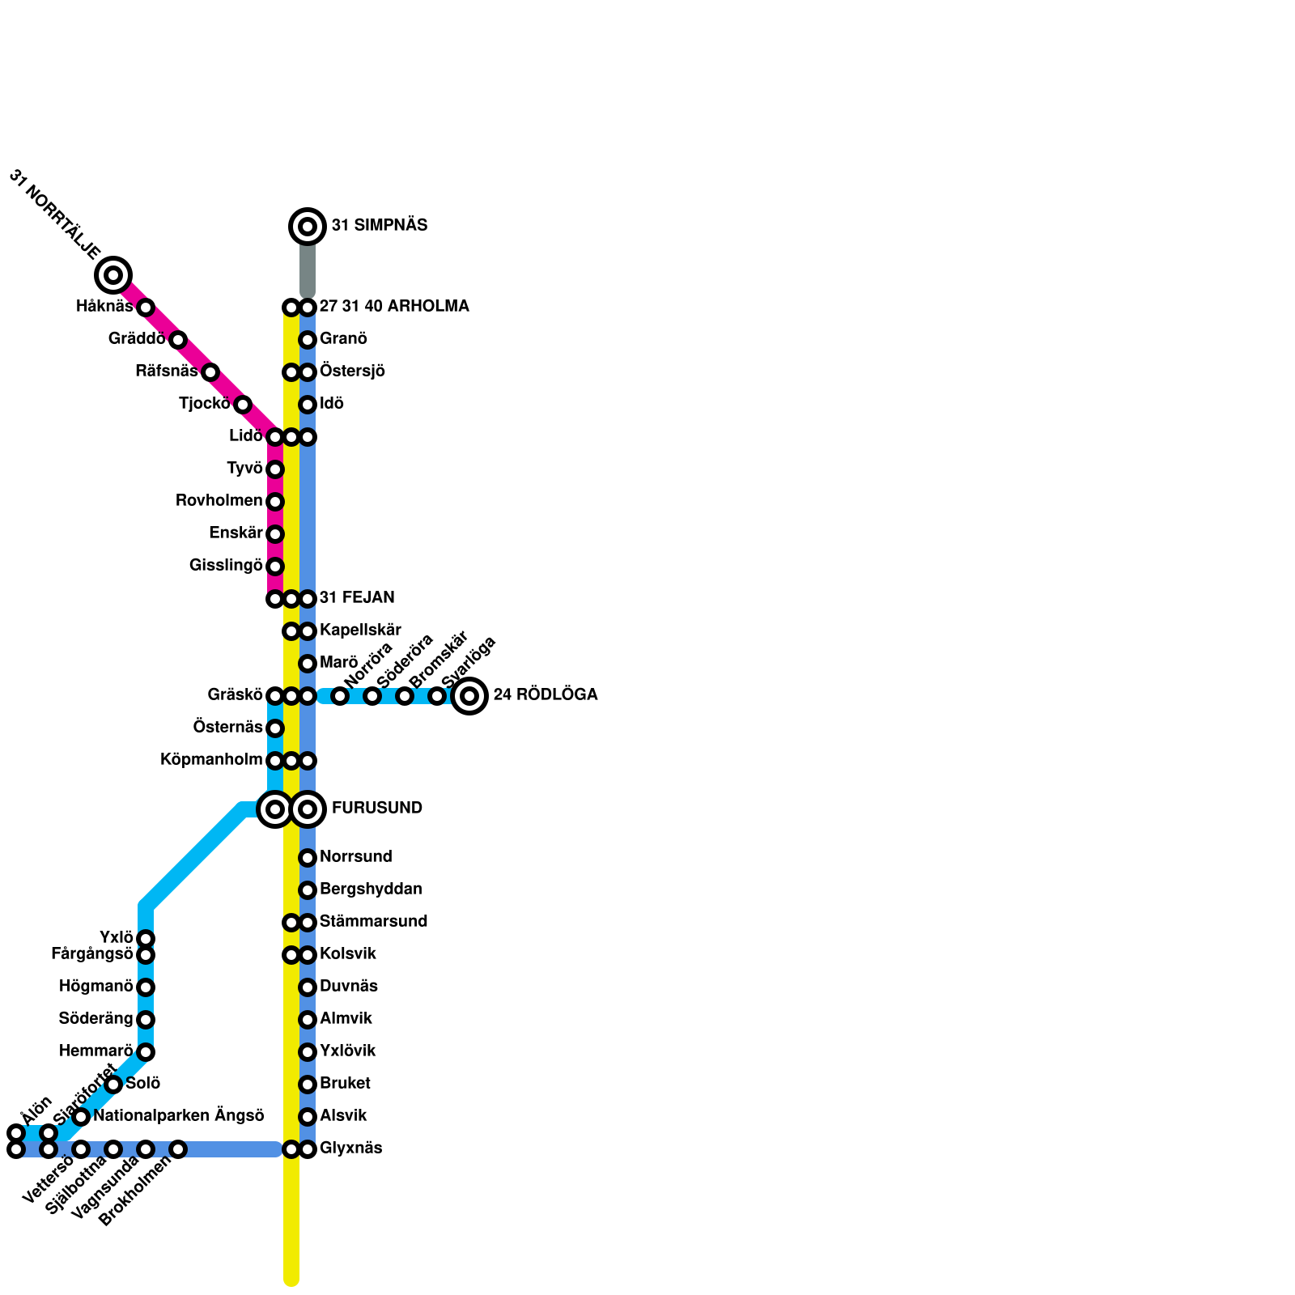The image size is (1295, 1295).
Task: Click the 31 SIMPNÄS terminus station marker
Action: click(x=308, y=227)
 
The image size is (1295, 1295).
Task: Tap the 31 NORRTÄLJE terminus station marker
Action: click(x=113, y=275)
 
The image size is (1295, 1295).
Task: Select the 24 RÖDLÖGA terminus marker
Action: click(x=469, y=696)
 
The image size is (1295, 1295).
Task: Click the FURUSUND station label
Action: click(x=376, y=809)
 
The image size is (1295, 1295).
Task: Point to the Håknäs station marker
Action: click(x=146, y=308)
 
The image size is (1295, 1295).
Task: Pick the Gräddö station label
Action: click(x=137, y=339)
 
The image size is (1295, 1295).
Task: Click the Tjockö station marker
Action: click(x=243, y=405)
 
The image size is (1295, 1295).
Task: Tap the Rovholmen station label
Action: click(x=219, y=501)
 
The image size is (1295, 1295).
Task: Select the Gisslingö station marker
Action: click(x=275, y=567)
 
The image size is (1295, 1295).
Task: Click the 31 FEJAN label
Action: click(x=357, y=598)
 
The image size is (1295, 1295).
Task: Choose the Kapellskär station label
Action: click(x=360, y=631)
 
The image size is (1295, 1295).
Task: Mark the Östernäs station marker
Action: click(x=275, y=728)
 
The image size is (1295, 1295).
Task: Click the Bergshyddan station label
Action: click(x=371, y=890)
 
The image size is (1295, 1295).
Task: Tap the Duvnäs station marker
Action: click(x=308, y=987)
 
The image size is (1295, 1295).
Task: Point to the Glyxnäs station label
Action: click(x=350, y=1149)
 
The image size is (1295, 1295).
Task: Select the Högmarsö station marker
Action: click(x=146, y=987)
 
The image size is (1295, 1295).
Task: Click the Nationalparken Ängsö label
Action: click(x=179, y=1116)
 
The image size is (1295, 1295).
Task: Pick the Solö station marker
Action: click(x=113, y=1085)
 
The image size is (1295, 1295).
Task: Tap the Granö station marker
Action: click(x=308, y=340)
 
